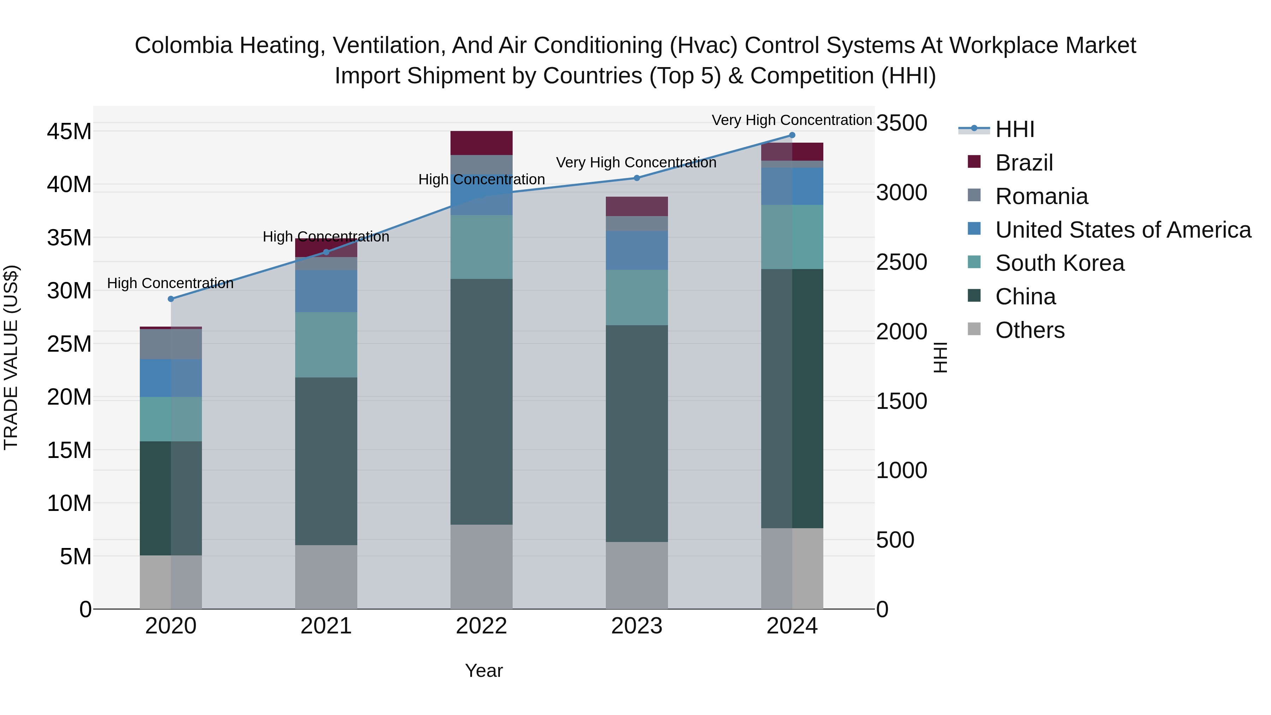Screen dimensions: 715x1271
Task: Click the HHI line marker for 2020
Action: coord(171,299)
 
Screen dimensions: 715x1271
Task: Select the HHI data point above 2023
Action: coord(637,178)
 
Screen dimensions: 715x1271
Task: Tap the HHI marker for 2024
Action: coord(792,135)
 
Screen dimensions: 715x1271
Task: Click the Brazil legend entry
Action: coord(1024,163)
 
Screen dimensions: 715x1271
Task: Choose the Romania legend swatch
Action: coord(974,195)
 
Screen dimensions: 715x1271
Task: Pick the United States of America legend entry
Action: coord(1122,230)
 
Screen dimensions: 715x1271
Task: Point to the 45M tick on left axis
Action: coord(69,132)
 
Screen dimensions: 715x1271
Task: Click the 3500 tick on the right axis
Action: coord(901,123)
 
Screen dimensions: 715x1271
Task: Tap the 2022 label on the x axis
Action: coord(481,626)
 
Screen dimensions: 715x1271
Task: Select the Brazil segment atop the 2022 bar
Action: coord(481,143)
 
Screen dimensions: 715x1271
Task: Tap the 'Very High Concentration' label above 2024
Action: coord(792,120)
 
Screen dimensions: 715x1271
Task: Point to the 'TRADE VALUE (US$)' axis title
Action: coord(11,357)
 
